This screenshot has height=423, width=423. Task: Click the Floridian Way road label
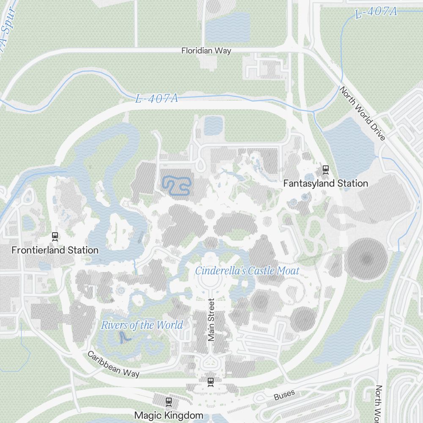pyautogui.click(x=206, y=51)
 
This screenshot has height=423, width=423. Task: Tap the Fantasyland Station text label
pyautogui.click(x=325, y=184)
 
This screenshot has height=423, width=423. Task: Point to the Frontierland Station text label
pyautogui.click(x=55, y=250)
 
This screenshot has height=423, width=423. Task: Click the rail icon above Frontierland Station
pyautogui.click(x=55, y=236)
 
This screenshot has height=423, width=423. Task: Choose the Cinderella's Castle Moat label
pyautogui.click(x=247, y=271)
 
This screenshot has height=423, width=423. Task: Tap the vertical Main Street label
pyautogui.click(x=211, y=320)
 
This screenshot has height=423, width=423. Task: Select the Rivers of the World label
pyautogui.click(x=142, y=325)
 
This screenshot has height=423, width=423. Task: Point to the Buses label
pyautogui.click(x=284, y=396)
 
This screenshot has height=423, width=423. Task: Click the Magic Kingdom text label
pyautogui.click(x=169, y=415)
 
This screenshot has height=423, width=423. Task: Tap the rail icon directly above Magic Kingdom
pyautogui.click(x=169, y=401)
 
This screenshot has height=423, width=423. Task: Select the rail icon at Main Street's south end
pyautogui.click(x=211, y=382)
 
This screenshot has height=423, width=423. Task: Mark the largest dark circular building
pyautogui.click(x=367, y=259)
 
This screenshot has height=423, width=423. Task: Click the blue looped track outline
pyautogui.click(x=176, y=185)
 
